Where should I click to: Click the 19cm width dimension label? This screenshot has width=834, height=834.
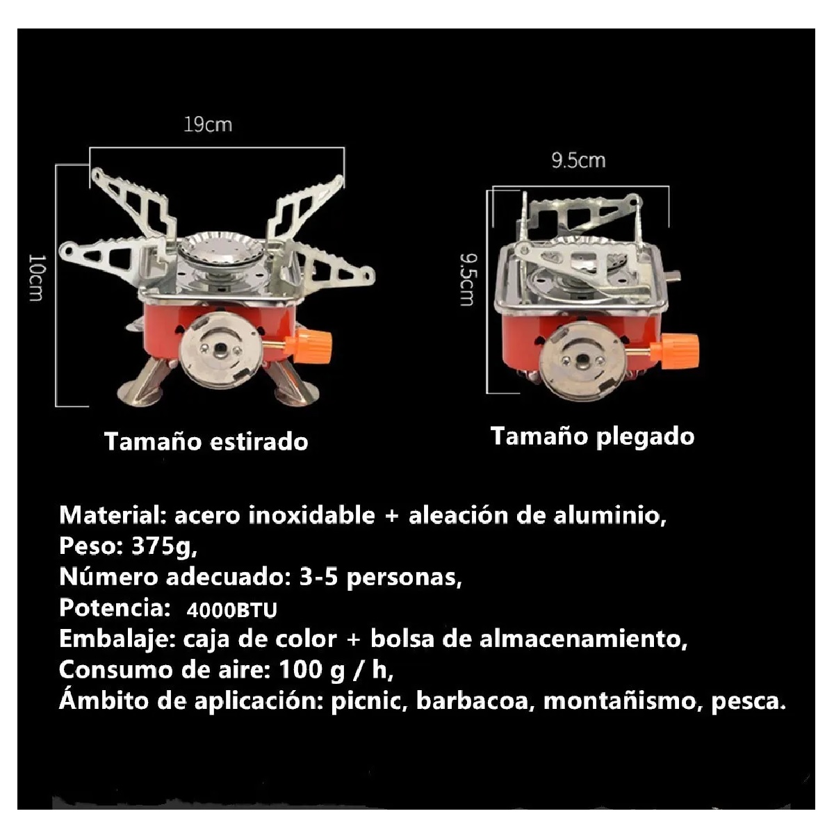(x=208, y=125)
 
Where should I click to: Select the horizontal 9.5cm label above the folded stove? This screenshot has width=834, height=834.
(x=578, y=161)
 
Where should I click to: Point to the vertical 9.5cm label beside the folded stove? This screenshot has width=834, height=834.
(x=468, y=279)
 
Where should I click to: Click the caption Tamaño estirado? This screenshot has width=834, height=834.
(x=206, y=442)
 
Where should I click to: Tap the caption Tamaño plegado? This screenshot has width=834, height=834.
(x=592, y=436)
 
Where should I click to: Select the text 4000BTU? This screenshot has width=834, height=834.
(x=231, y=610)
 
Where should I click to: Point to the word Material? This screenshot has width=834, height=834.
(x=111, y=516)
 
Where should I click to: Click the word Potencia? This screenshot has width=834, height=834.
(x=115, y=608)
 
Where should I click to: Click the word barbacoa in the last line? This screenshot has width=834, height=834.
(x=475, y=701)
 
